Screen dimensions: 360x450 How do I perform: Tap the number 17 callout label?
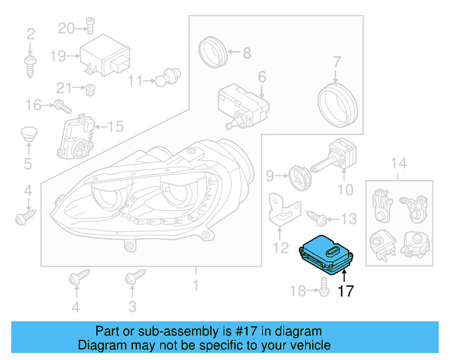click(x=346, y=291)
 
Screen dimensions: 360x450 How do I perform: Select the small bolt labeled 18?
click(x=323, y=288)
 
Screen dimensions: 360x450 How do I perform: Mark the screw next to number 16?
click(x=61, y=107)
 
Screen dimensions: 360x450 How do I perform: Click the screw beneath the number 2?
click(x=31, y=66)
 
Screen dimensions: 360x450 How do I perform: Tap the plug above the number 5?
click(x=28, y=134)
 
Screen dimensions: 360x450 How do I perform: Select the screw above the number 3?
click(x=130, y=279)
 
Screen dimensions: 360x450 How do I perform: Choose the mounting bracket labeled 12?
click(x=283, y=210)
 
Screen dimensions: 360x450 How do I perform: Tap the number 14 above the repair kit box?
click(x=399, y=164)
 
